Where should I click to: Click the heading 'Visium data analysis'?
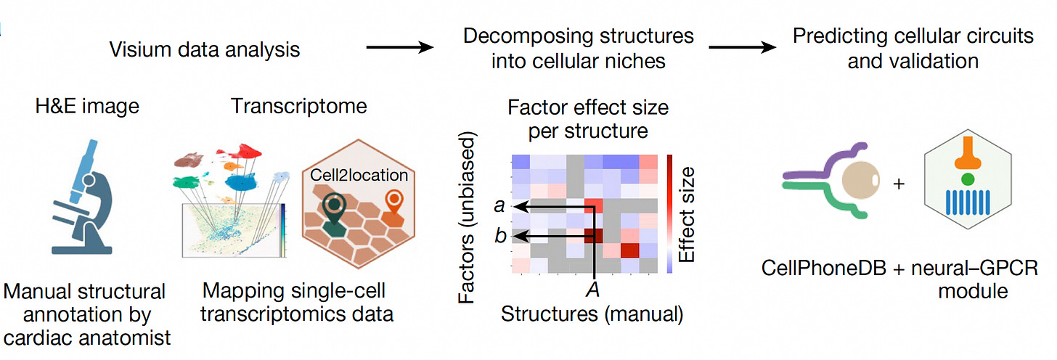point(204,49)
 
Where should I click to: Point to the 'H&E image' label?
point(86,106)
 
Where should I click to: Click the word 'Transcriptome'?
point(299,106)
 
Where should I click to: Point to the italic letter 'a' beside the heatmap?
point(499,206)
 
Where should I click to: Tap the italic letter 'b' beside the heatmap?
point(499,236)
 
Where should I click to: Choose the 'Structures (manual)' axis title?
point(592,314)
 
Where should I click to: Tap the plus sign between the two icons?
point(899,184)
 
